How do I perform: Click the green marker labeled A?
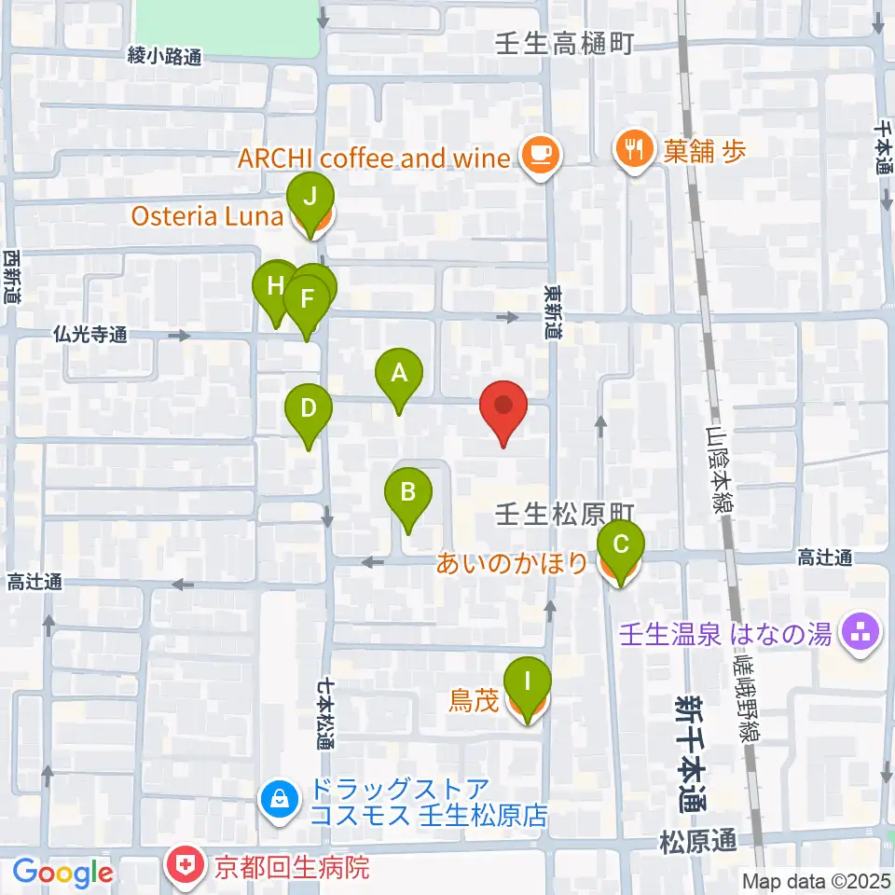[399, 375]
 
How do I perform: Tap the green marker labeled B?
[407, 492]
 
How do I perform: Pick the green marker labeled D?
[309, 409]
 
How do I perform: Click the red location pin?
[503, 406]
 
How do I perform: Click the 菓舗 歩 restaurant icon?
[633, 152]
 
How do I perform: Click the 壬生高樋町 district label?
[566, 43]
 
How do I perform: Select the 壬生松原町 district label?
[565, 513]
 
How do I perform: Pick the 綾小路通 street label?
[164, 57]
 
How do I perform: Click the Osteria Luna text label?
[207, 216]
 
